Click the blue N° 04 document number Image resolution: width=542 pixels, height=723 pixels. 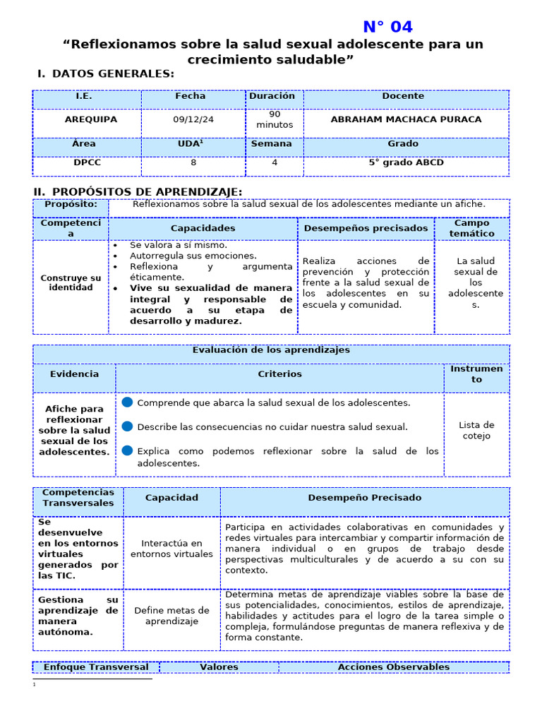coord(387,27)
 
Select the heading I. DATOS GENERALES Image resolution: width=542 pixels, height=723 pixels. coord(106,74)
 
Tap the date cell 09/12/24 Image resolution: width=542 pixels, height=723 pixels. coord(193,120)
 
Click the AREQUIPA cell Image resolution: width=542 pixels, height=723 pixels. coord(91,120)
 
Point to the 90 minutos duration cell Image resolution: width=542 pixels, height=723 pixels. coord(274,119)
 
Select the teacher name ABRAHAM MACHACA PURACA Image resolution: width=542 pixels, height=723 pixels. coord(406,120)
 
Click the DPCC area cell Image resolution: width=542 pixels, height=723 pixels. coord(87,162)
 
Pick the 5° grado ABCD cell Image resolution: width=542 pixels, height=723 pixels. coord(406,162)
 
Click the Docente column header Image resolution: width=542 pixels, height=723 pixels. coord(403,96)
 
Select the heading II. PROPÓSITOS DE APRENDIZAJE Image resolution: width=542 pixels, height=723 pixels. coord(138,192)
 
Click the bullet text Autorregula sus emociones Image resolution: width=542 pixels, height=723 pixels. coord(193,256)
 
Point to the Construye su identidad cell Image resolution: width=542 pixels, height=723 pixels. coord(71,283)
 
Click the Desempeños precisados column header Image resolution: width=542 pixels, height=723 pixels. coord(366,229)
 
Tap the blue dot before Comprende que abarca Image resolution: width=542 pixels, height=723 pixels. coord(127,402)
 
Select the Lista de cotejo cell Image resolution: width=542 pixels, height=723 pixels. coord(476,431)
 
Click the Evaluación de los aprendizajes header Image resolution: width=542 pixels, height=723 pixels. coord(271,350)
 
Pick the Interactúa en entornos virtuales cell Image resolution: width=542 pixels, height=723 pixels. coord(171,549)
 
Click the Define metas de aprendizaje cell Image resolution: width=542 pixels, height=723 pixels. coord(171,616)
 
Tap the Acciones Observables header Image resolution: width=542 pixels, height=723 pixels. coord(393,667)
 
